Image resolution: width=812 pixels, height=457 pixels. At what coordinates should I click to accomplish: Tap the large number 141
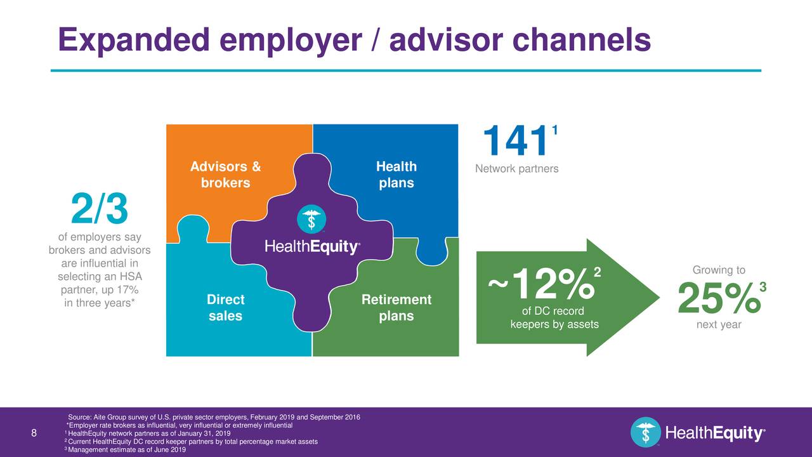coord(514,142)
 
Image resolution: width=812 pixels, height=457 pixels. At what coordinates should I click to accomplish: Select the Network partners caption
coord(517,169)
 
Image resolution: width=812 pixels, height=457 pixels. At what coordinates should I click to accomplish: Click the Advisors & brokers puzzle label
coord(225,175)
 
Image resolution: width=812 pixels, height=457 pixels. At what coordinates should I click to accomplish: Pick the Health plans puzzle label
coord(396,175)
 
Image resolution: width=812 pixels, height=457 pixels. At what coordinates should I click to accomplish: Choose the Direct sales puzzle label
coord(225,307)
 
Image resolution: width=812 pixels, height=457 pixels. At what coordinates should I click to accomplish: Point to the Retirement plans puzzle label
coord(396,307)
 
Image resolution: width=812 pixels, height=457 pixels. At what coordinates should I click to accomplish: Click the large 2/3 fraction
coord(100,209)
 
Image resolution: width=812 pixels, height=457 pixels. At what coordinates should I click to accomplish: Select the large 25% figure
coord(718,298)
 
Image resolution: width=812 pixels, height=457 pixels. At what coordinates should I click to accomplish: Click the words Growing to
coord(719,270)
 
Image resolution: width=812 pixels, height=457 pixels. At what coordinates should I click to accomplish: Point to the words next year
coord(719,325)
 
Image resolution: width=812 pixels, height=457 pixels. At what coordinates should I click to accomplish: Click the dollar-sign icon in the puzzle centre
coord(311,219)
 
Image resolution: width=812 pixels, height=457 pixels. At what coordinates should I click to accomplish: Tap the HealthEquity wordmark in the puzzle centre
coord(312,248)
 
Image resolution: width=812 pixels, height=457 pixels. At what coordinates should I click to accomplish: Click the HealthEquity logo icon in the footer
coord(646,432)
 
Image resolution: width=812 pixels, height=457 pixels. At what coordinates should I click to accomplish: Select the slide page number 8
coord(34,434)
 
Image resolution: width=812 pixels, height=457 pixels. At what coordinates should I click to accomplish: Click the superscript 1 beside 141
coord(554,130)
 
